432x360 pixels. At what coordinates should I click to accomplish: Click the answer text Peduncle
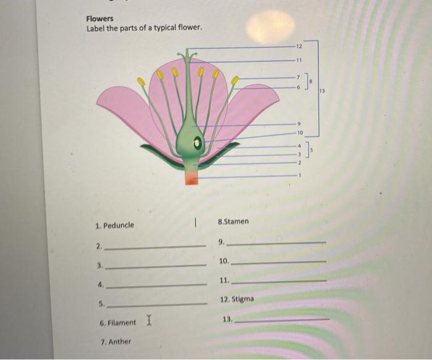118,225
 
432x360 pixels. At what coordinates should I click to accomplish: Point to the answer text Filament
122,322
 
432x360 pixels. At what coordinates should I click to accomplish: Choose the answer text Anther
119,341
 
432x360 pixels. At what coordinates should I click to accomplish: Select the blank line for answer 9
276,244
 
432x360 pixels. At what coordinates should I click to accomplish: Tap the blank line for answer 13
282,320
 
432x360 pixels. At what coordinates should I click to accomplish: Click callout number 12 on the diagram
299,47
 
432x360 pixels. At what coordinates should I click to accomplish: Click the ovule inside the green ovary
197,143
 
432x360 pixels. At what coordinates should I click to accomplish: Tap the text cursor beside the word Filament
148,320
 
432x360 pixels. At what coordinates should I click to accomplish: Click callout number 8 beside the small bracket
312,81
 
